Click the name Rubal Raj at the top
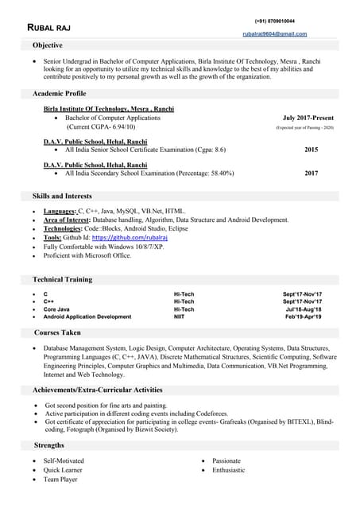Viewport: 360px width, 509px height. (x=49, y=28)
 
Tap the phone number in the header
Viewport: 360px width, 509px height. (x=274, y=21)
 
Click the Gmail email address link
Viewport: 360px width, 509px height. (x=274, y=34)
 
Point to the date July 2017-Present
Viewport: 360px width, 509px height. (x=308, y=118)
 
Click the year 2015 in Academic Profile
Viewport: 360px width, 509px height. (x=311, y=150)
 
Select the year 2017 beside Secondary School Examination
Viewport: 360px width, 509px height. (x=311, y=173)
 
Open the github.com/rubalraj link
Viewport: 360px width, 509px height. (x=120, y=237)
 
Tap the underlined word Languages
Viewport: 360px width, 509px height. (x=59, y=211)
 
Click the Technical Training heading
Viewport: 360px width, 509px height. (x=62, y=279)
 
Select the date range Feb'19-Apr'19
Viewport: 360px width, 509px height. (x=304, y=317)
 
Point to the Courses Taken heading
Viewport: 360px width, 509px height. (x=57, y=332)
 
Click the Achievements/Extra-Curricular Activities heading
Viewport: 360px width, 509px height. (x=97, y=390)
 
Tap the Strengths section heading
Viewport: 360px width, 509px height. (x=49, y=445)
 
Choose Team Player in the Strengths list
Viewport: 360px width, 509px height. (x=60, y=480)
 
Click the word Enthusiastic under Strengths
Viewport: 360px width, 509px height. (x=228, y=470)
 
